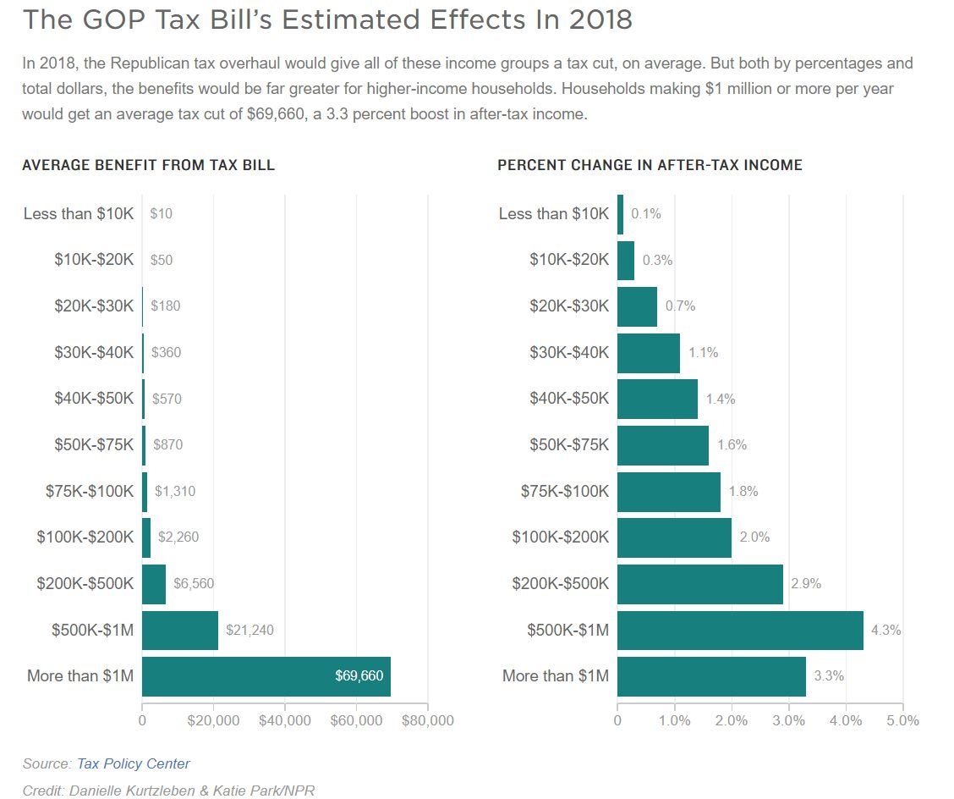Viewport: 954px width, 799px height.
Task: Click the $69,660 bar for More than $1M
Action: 266,675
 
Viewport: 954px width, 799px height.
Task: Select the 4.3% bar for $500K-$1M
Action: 740,630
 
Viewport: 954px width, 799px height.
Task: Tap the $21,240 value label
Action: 249,630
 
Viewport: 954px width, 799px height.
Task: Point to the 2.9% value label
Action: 806,583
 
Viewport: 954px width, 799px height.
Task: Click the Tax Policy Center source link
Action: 134,763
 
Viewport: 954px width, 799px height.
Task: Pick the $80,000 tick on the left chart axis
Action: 427,720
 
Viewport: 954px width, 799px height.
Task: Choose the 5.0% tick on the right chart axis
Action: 902,720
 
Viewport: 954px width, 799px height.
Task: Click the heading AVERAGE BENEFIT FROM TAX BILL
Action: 149,166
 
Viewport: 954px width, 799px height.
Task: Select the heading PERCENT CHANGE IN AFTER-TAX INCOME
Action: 650,166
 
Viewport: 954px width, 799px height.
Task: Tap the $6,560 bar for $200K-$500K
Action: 154,583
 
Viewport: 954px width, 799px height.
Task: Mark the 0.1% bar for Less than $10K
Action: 620,214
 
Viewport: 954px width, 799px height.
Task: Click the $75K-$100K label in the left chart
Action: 90,491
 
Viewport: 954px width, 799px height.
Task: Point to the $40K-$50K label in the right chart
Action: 569,399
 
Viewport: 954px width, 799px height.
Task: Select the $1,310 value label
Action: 175,491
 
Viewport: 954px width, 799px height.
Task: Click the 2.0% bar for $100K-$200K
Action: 674,537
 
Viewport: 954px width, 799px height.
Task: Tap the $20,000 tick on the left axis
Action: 213,720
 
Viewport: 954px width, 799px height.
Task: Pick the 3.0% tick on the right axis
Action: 788,720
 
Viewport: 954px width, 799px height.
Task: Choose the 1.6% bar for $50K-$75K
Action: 663,445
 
